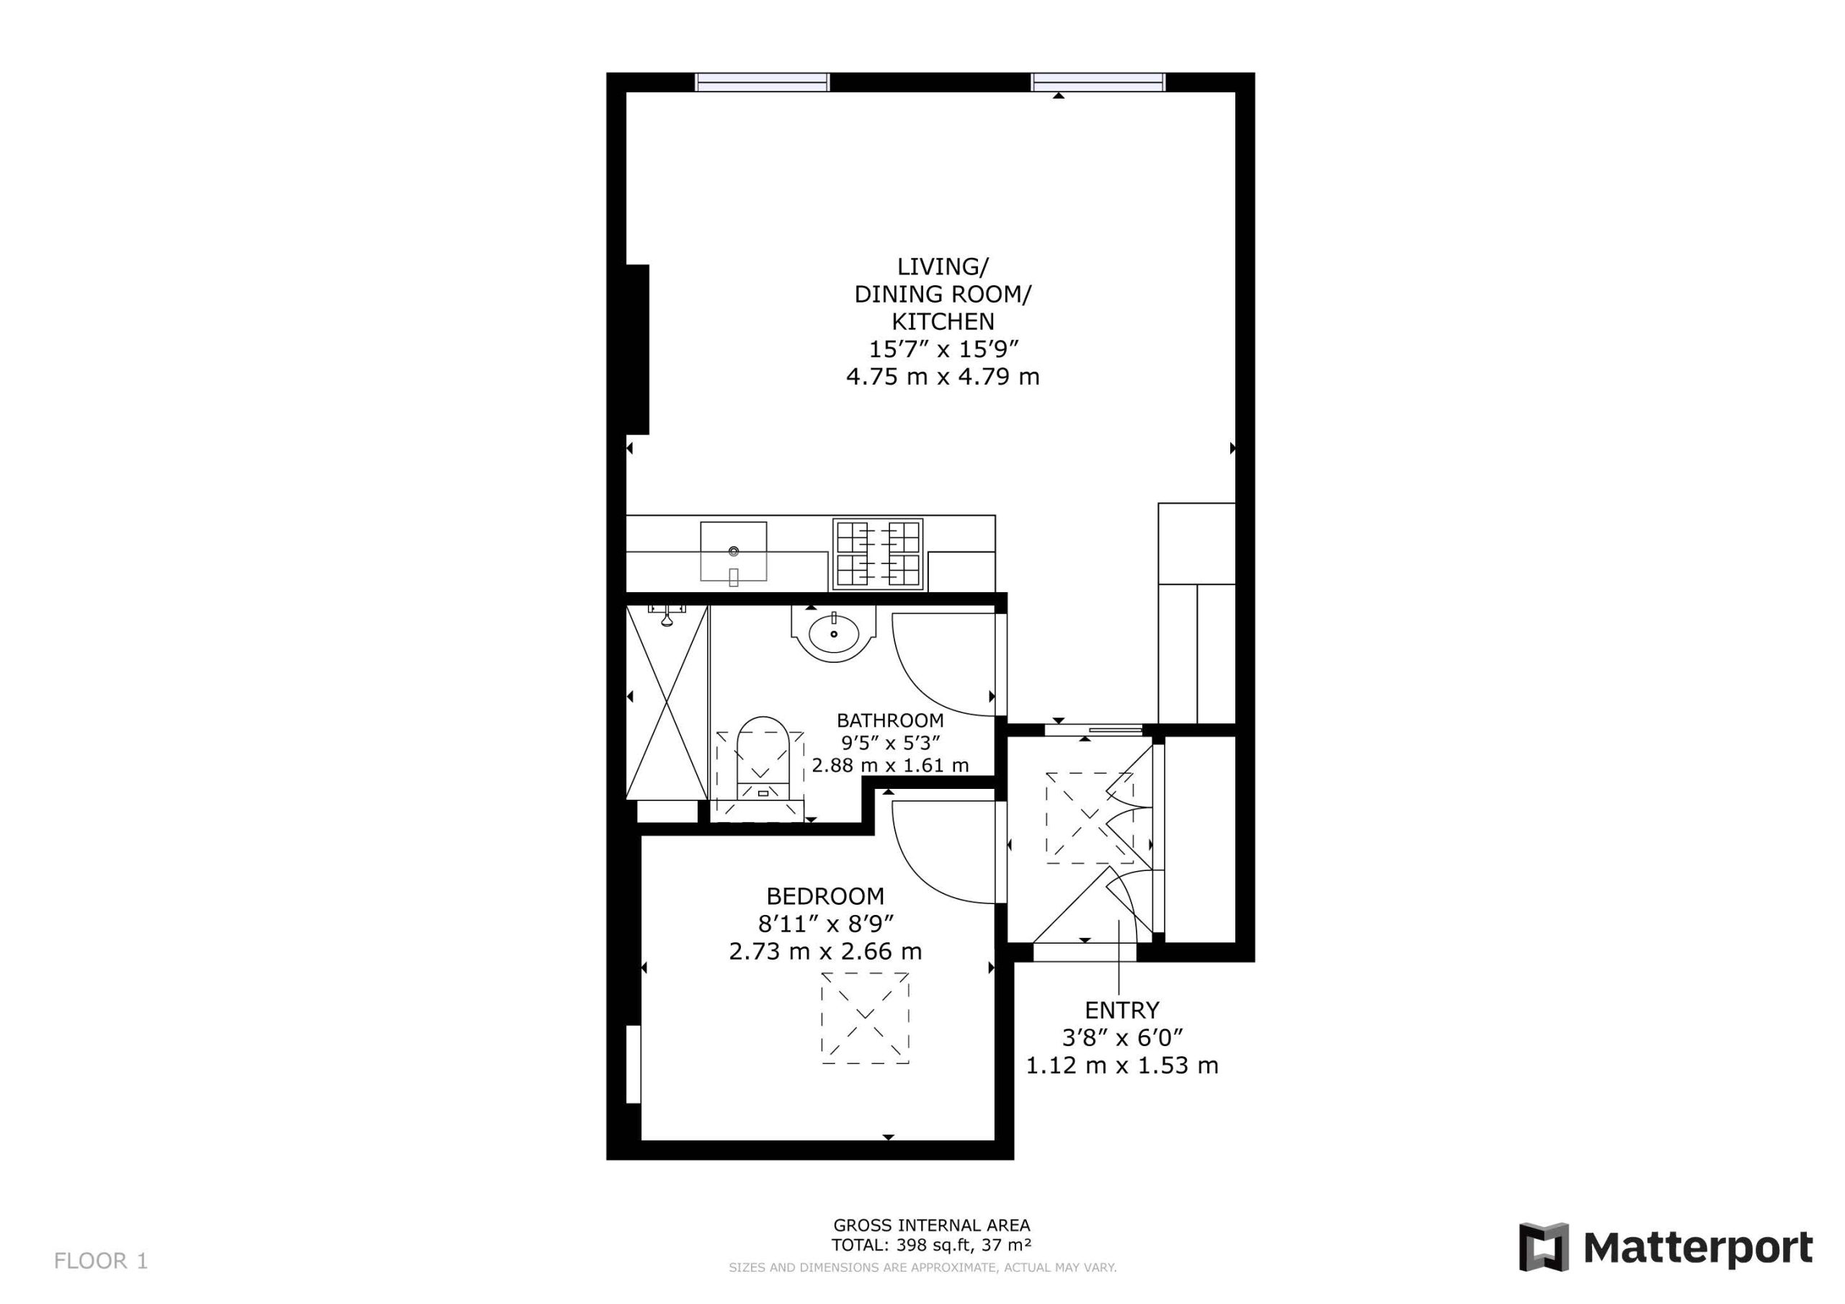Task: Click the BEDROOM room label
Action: tap(825, 896)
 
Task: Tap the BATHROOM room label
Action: tap(889, 720)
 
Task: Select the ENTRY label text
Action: tap(1122, 1010)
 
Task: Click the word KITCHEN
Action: tap(943, 321)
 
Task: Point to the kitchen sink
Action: tap(733, 551)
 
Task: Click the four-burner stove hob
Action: tap(878, 553)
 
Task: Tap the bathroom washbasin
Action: tap(833, 633)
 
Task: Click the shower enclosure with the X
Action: tap(667, 702)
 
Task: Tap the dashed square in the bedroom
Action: tap(865, 1018)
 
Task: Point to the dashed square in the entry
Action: tap(1089, 818)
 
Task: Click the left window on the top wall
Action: tap(762, 82)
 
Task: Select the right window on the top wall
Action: tap(1098, 82)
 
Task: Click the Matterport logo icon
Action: tap(1543, 1247)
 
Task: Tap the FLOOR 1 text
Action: tap(101, 1261)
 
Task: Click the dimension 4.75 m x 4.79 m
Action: tap(943, 377)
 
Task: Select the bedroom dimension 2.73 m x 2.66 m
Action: tap(825, 951)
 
